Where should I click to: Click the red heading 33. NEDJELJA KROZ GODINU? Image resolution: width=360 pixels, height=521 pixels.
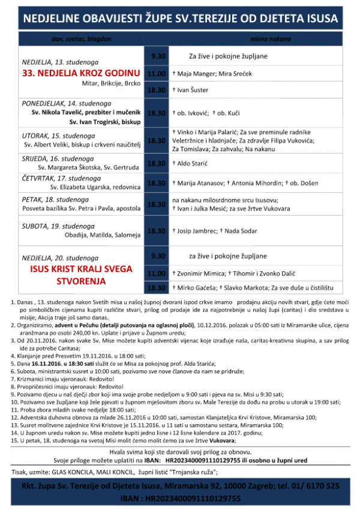(x=82, y=74)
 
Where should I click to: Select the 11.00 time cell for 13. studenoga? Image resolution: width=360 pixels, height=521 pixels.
(x=157, y=74)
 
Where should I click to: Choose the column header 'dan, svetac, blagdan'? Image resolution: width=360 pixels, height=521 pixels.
(x=80, y=39)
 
